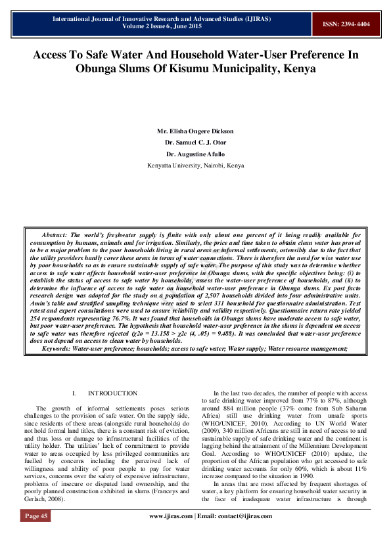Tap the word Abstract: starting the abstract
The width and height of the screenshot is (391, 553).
point(54,234)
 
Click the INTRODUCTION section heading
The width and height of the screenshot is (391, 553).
point(112,393)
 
